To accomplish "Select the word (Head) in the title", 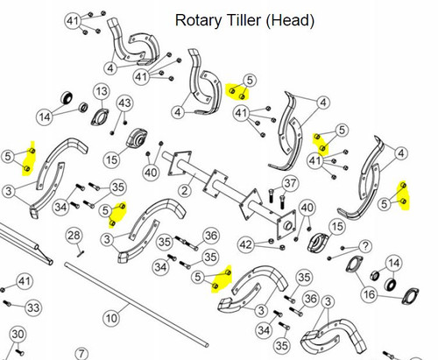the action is coord(290,20).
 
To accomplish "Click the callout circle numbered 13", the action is coord(102,91).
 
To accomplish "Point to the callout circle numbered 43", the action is coord(124,103).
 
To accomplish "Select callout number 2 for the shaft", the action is coord(185,191).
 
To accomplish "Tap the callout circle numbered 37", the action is coord(290,183).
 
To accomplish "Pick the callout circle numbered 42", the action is coord(245,244).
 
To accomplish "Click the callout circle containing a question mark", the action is coord(365,246).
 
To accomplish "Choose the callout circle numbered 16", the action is coord(369,294).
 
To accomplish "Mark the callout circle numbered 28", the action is coord(74,236).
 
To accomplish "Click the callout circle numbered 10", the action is coord(111,318).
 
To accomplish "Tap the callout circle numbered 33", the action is coord(33,307).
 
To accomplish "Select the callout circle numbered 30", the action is coord(18,334).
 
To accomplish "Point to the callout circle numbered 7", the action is coord(81,354).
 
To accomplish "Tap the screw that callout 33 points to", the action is coord(6,303).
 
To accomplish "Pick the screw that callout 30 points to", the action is coord(20,352).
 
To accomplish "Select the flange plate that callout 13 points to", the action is coord(100,116).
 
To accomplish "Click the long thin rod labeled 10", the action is coord(137,305).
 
